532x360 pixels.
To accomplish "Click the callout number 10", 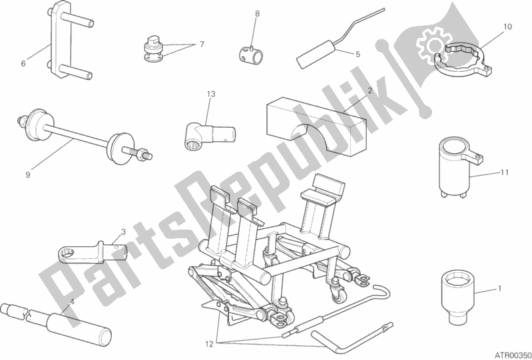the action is [507, 27].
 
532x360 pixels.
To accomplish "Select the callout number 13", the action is [211, 94].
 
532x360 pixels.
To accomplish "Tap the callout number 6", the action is [23, 63].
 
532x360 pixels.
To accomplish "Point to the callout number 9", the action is [28, 174].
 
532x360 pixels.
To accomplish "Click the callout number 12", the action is [209, 344].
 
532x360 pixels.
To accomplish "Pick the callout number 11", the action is [505, 172].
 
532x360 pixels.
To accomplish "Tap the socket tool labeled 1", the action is [457, 298].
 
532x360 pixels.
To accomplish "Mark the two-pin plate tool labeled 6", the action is [67, 41].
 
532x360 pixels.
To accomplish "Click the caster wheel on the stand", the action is [340, 295].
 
